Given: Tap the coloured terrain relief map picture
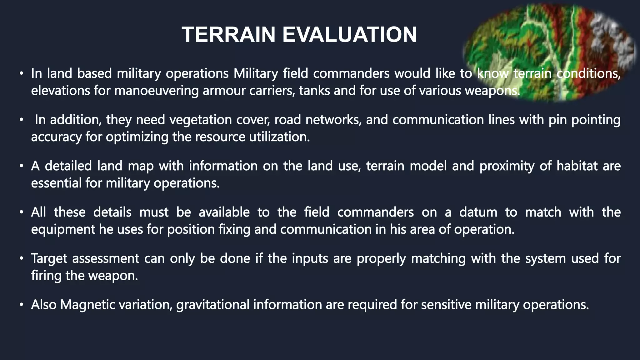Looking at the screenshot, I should pos(550,52).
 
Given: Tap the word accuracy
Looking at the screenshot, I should pos(56,137).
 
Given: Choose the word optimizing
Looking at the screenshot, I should pos(137,137).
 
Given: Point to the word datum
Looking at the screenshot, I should pos(478,212).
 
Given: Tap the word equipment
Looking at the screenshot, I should pos(63,229).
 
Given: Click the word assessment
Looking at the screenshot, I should pos(106,258).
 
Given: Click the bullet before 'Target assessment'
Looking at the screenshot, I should pos(21,259).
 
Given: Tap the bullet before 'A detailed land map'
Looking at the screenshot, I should pos(21,166).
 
